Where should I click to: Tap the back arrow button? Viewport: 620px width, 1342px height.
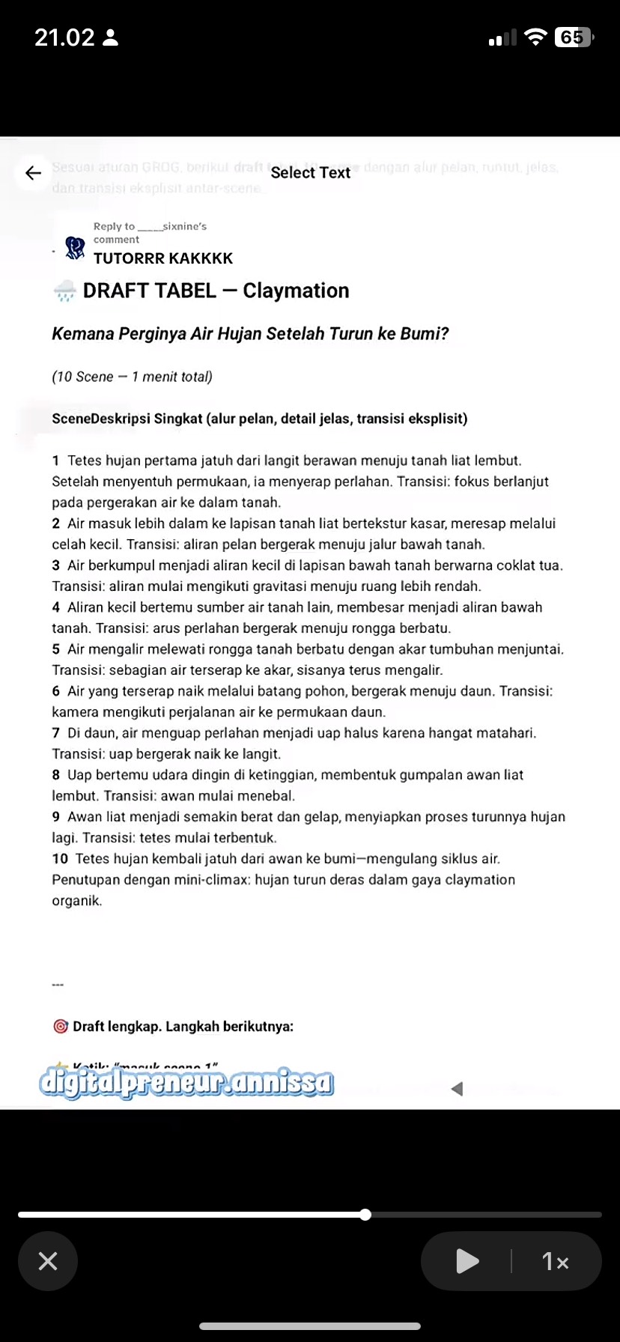pyautogui.click(x=33, y=173)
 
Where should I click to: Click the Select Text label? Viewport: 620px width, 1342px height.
pyautogui.click(x=310, y=173)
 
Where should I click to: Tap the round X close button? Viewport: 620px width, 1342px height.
pyautogui.click(x=48, y=1261)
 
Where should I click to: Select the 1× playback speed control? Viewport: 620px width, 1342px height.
pyautogui.click(x=555, y=1261)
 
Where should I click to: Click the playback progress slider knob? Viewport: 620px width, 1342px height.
pyautogui.click(x=365, y=1215)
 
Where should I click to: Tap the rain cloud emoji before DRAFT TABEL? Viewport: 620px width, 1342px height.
pyautogui.click(x=65, y=291)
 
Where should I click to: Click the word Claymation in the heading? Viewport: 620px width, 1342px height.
pyautogui.click(x=296, y=291)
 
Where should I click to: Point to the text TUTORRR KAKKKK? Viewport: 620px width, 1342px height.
pyautogui.click(x=163, y=258)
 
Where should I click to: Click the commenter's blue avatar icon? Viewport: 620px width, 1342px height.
pyautogui.click(x=75, y=248)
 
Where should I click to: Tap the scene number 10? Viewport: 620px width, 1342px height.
pyautogui.click(x=60, y=859)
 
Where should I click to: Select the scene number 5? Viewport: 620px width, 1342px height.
pyautogui.click(x=56, y=649)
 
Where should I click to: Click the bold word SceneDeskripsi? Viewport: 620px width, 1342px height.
pyautogui.click(x=101, y=419)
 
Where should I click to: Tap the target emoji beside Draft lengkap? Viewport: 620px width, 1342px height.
pyautogui.click(x=61, y=1027)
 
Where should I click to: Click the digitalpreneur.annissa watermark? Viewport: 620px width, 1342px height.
pyautogui.click(x=186, y=1083)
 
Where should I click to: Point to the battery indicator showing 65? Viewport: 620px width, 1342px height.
pyautogui.click(x=573, y=37)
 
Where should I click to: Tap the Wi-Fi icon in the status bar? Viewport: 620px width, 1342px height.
pyautogui.click(x=535, y=37)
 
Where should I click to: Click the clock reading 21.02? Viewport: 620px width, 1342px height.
pyautogui.click(x=64, y=37)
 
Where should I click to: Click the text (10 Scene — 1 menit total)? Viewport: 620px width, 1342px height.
pyautogui.click(x=132, y=377)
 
